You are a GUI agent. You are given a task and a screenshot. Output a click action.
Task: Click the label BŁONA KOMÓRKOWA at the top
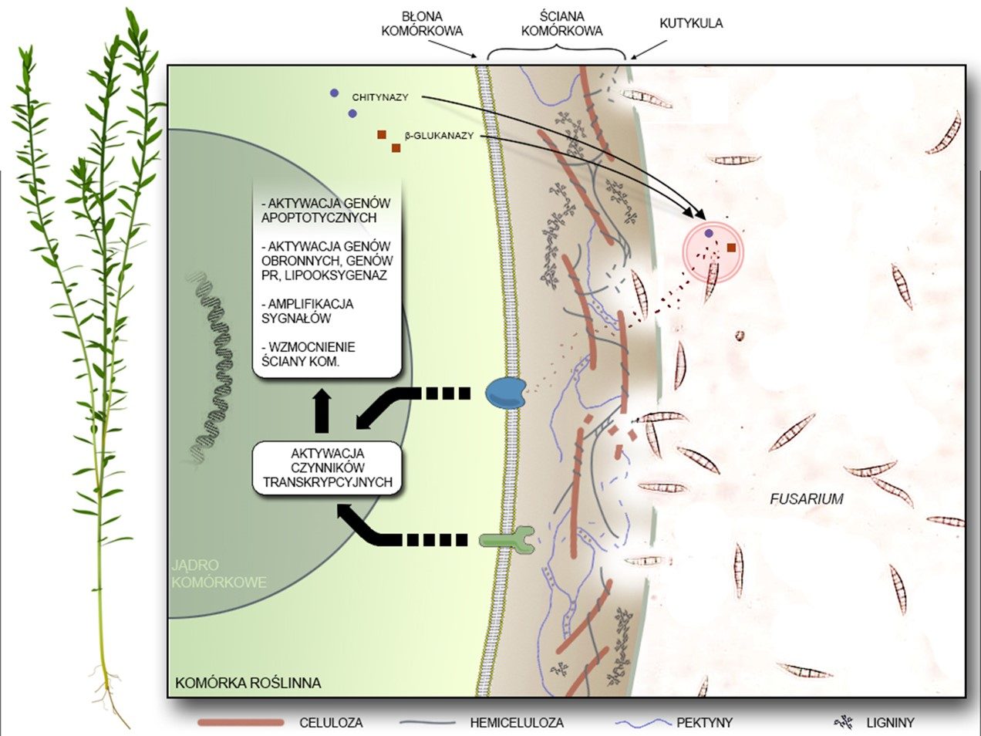point(433,24)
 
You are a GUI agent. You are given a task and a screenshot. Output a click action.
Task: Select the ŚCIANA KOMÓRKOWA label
point(561,24)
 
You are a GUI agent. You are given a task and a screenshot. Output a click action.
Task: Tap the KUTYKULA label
point(691,23)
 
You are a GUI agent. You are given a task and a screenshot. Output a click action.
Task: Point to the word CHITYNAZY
point(380,97)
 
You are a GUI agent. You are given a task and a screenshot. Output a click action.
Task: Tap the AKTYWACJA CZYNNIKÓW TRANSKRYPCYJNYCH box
point(328,468)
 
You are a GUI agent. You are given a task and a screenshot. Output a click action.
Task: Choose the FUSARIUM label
point(806,499)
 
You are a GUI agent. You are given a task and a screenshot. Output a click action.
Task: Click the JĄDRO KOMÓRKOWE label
point(218,574)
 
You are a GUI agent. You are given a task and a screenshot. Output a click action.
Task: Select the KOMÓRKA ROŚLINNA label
point(248,683)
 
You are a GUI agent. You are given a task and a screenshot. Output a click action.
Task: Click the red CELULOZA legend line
point(240,723)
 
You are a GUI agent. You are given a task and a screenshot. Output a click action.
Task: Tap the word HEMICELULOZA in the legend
point(517,723)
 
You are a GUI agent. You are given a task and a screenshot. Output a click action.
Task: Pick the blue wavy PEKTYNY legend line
point(643,723)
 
